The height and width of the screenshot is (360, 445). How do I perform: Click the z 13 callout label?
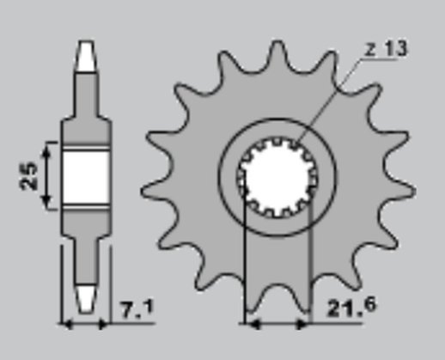click(x=386, y=49)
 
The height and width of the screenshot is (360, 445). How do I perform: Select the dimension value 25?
click(x=27, y=177)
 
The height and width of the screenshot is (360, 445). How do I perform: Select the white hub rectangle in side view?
click(x=85, y=176)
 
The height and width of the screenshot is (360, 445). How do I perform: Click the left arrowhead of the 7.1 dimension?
click(x=64, y=325)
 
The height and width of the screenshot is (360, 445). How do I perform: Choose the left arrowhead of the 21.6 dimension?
click(x=250, y=325)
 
